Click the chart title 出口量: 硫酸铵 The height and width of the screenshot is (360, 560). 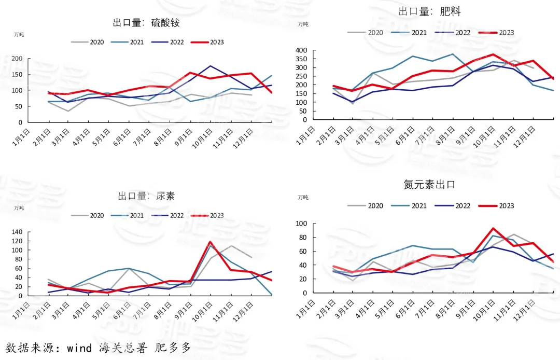(146, 23)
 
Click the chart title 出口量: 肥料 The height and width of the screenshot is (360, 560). (429, 11)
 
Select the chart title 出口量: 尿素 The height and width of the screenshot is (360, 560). (146, 196)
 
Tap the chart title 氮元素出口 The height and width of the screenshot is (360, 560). (429, 184)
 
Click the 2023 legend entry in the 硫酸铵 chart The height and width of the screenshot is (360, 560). (207, 42)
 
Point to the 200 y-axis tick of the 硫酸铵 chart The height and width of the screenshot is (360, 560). (18, 59)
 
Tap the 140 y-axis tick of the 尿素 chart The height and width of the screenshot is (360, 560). (18, 232)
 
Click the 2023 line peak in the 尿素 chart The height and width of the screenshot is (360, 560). (211, 242)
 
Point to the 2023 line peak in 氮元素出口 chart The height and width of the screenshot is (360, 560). (493, 228)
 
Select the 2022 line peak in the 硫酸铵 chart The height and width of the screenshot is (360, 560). (211, 66)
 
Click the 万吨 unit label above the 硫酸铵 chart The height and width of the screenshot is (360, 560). (19, 35)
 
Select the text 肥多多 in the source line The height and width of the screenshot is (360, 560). (173, 348)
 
